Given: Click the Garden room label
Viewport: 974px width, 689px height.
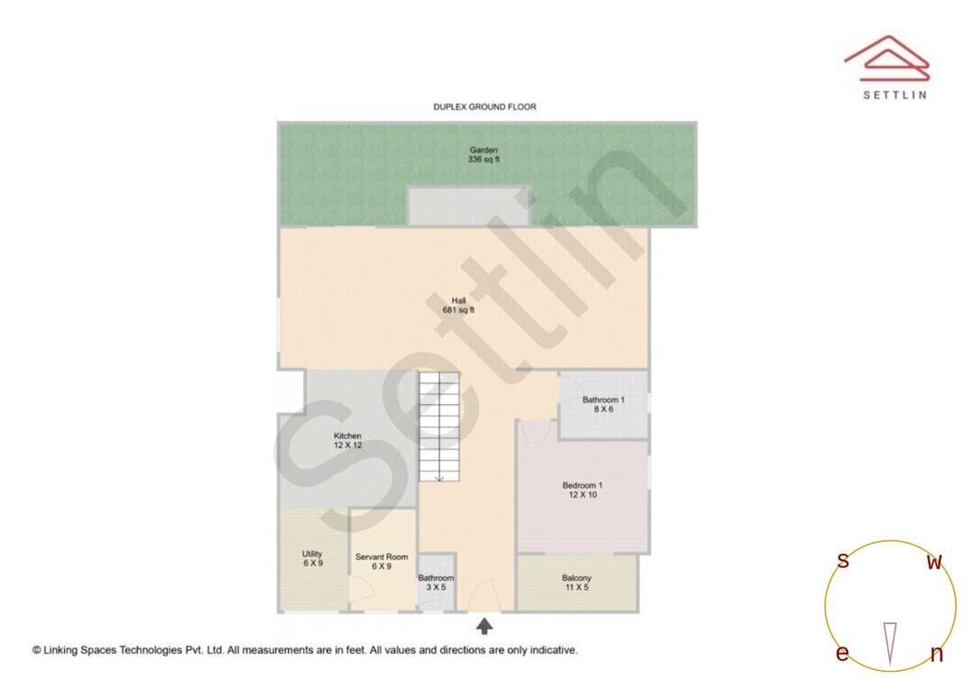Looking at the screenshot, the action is [x=483, y=154].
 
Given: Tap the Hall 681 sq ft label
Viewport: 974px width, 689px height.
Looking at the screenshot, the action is [x=458, y=305].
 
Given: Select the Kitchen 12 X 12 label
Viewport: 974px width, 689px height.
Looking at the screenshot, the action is [x=348, y=440].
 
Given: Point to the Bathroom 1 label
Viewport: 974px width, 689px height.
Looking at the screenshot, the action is [x=603, y=404].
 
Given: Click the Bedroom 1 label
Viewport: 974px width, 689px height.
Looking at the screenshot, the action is [x=583, y=490].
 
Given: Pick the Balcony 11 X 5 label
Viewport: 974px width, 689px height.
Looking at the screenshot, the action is [x=576, y=583].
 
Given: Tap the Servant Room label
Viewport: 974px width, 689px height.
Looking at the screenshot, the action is [x=381, y=561].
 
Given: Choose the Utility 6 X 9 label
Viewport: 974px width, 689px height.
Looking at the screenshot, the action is [x=312, y=558].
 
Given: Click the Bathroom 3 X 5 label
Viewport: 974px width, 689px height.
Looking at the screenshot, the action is [x=436, y=583].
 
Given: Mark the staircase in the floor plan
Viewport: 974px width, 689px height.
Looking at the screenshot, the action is [x=438, y=427].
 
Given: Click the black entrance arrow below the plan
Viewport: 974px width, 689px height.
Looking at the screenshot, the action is [x=484, y=626].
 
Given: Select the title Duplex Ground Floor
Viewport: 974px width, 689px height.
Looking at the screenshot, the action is [x=484, y=106].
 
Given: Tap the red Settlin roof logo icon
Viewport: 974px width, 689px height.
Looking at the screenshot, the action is [x=887, y=58].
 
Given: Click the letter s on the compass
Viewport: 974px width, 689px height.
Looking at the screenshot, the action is [x=842, y=560].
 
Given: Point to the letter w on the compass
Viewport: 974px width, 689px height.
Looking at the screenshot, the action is [x=934, y=562].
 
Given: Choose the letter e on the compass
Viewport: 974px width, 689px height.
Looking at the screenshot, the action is [x=841, y=653].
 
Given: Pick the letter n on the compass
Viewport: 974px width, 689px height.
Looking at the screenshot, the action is [x=937, y=654].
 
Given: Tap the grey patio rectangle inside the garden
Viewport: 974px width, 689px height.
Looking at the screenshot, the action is [x=468, y=206].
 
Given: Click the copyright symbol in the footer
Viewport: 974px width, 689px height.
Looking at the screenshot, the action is [x=37, y=650].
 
